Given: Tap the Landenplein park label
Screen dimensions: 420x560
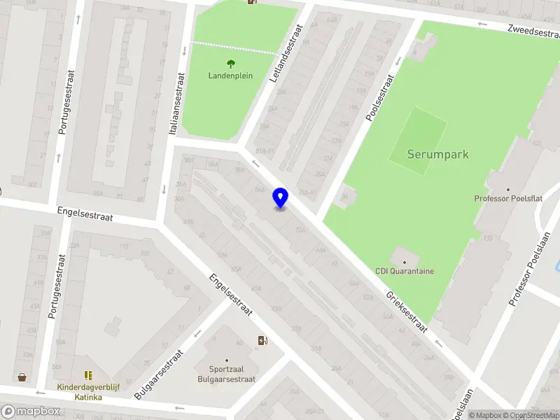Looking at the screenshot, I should (230, 76).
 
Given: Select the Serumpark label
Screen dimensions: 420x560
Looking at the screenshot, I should (437, 155).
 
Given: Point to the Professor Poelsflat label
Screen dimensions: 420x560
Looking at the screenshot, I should (508, 199).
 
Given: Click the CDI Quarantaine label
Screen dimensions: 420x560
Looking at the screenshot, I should (405, 271).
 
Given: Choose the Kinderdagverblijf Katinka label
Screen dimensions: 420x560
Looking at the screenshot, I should (89, 392).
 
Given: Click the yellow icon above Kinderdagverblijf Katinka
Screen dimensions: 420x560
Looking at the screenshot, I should (89, 376).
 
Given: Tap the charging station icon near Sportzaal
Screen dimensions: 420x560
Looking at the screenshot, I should (262, 341).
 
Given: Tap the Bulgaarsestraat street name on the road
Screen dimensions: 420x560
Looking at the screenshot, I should (158, 374).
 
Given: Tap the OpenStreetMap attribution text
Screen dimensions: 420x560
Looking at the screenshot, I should (535, 415).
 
